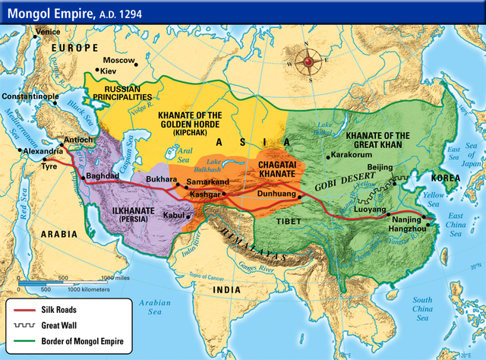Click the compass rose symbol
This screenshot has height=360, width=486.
310,62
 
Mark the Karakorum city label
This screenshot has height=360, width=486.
353,156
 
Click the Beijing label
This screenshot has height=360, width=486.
380,167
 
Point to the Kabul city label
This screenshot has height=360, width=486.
172,216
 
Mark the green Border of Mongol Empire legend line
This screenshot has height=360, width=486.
29,342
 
